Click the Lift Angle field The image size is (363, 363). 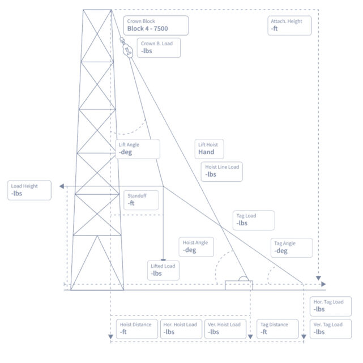[x=138, y=148]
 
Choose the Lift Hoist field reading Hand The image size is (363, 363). [x=209, y=148]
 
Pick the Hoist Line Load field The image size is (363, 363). [x=223, y=171]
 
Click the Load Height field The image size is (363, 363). [x=29, y=190]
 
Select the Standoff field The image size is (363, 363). [x=140, y=199]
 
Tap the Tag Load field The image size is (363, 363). [x=254, y=220]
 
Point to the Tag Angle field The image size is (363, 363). [x=291, y=247]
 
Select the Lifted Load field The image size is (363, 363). [x=164, y=270]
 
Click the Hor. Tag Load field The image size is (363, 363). [x=331, y=306]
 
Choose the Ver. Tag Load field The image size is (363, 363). [x=331, y=328]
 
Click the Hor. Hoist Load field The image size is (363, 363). [x=181, y=328]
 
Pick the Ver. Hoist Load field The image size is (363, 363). [x=225, y=328]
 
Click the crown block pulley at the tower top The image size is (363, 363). [x=127, y=49]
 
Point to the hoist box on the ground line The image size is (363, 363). [x=238, y=285]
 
